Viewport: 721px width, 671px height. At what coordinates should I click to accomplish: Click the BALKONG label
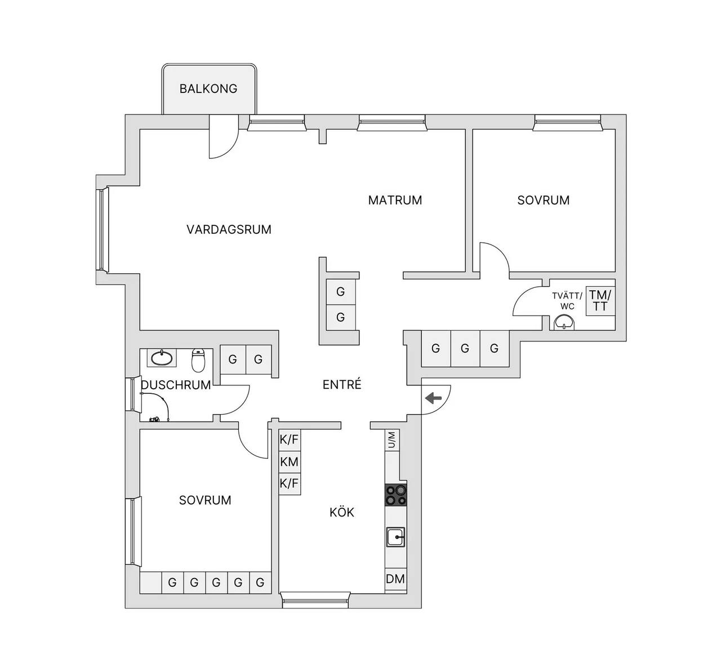(208, 88)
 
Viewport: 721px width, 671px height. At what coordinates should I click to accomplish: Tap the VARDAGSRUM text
(229, 230)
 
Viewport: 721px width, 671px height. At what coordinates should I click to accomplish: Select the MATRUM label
(395, 200)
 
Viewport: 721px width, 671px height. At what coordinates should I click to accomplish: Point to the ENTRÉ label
(342, 384)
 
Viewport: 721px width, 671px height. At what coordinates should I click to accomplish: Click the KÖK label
(341, 512)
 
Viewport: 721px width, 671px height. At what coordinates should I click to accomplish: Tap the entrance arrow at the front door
(433, 398)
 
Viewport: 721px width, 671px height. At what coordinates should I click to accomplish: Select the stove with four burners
(396, 495)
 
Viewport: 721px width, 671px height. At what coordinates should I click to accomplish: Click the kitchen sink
(396, 537)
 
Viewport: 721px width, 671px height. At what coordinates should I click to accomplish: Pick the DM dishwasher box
(395, 579)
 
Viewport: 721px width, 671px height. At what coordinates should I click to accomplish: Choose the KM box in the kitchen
(290, 462)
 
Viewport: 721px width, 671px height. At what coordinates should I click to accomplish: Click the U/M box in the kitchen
(392, 440)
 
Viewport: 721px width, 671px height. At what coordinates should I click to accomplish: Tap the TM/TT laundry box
(600, 300)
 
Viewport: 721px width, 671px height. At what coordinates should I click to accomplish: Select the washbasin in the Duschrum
(162, 358)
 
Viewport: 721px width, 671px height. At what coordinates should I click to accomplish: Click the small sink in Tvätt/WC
(564, 323)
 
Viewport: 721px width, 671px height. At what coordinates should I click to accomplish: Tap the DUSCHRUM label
(176, 385)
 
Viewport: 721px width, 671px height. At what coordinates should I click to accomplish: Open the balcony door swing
(224, 137)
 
